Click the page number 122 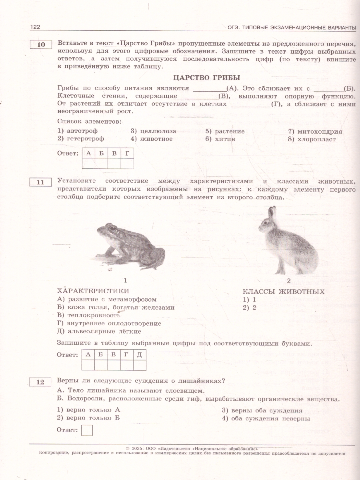[x=35, y=27]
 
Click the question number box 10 [x=41, y=44]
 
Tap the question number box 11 [x=41, y=182]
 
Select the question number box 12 [x=41, y=382]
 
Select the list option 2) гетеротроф [x=81, y=139]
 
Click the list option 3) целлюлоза [x=153, y=131]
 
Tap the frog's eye [x=113, y=229]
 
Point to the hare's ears [x=272, y=212]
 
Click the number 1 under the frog [x=125, y=280]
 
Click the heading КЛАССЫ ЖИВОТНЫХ [x=284, y=292]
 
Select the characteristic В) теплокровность [x=89, y=315]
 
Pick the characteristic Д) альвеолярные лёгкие [x=99, y=331]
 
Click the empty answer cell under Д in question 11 [x=139, y=365]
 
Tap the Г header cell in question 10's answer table [x=127, y=153]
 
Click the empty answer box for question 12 [x=87, y=430]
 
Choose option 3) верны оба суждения [x=262, y=410]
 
